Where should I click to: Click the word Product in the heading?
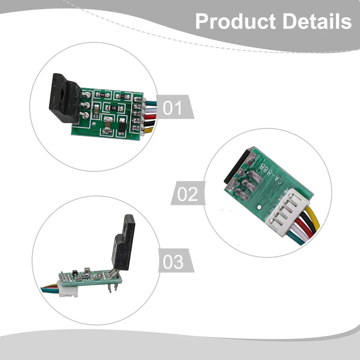coord(236,22)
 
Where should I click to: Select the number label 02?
coord(188,194)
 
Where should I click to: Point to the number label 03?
coord(173,262)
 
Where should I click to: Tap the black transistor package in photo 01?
coord(65,98)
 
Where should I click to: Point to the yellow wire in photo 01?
coord(149,129)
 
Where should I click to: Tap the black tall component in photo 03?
coord(123,245)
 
